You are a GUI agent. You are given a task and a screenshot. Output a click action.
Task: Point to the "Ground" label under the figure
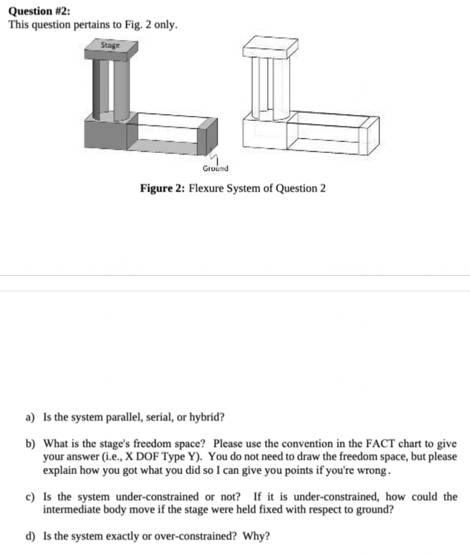click(215, 168)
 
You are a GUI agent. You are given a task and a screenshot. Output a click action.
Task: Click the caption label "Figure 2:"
click(162, 188)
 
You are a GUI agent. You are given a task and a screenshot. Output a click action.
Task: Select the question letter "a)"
click(30, 417)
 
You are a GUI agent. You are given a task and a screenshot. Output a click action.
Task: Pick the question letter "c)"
click(30, 497)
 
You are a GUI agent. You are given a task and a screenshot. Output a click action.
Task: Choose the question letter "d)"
click(31, 536)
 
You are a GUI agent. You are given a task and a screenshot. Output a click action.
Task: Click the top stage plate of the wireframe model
click(270, 46)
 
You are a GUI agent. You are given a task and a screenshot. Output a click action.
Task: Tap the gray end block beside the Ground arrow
click(208, 138)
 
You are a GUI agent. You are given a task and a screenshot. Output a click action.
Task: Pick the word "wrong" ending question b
click(371, 470)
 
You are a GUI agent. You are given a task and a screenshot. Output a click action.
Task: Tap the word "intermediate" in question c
click(72, 509)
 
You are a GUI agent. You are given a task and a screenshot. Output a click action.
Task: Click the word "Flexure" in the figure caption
click(208, 188)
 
